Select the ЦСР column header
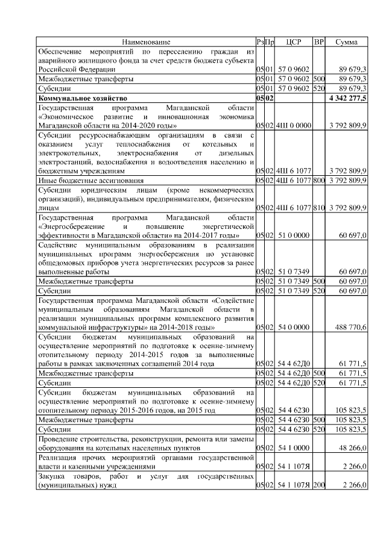tap(293, 42)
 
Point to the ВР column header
tap(319, 42)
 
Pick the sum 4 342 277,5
tap(348, 98)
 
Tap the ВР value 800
tap(319, 180)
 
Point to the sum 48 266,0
tap(353, 449)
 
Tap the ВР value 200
tap(319, 485)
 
